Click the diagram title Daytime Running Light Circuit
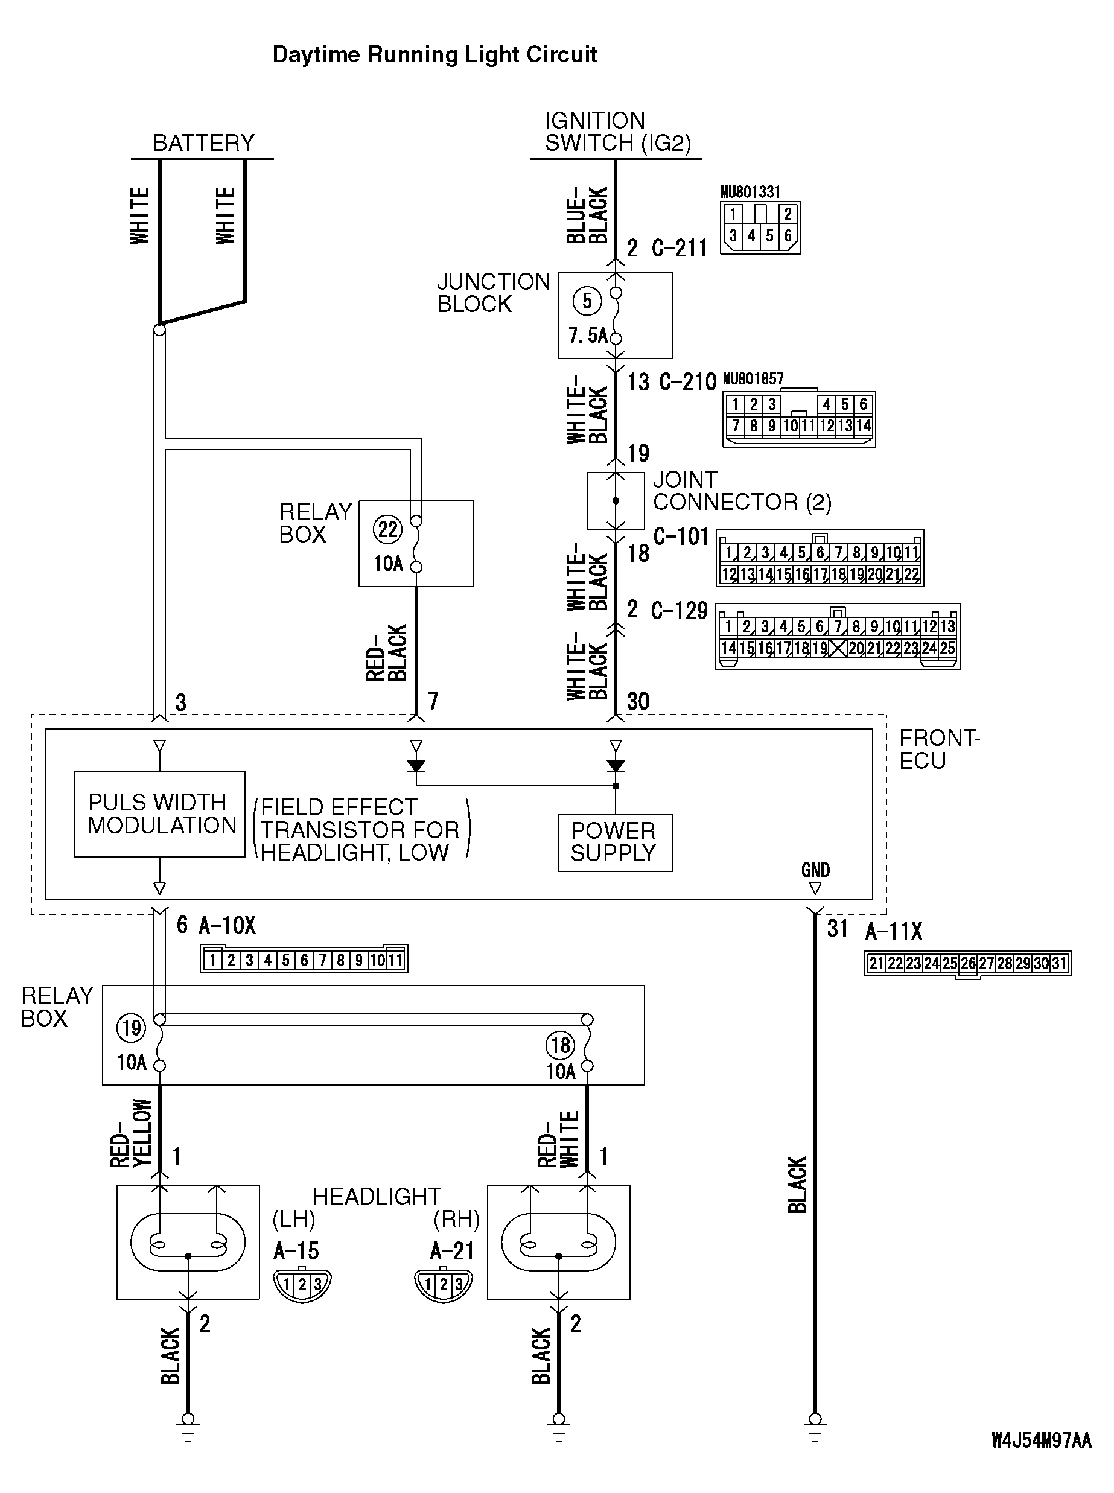[434, 55]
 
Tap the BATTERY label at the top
[203, 143]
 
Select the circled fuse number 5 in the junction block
[587, 301]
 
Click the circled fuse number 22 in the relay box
[388, 529]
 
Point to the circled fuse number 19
[131, 1028]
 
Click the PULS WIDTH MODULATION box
[160, 814]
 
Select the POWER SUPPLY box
[615, 843]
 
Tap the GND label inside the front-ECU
[815, 870]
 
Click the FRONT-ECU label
[938, 749]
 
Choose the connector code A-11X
[894, 931]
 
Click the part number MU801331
[751, 192]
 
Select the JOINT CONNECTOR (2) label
[742, 491]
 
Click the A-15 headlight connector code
[296, 1251]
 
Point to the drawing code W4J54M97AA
[1040, 1442]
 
